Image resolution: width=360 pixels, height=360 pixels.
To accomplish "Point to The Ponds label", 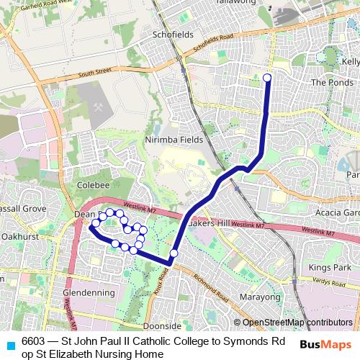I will pos(328,82).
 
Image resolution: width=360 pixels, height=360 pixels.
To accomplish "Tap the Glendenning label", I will pos(89,293).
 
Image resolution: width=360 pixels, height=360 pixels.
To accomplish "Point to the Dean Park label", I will pos(84,214).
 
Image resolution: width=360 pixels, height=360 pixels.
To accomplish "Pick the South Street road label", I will pos(96,72).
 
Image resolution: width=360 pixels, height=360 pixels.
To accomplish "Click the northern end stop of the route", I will pos(267,78).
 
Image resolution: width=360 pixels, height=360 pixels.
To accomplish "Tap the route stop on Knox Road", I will pos(174,253).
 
